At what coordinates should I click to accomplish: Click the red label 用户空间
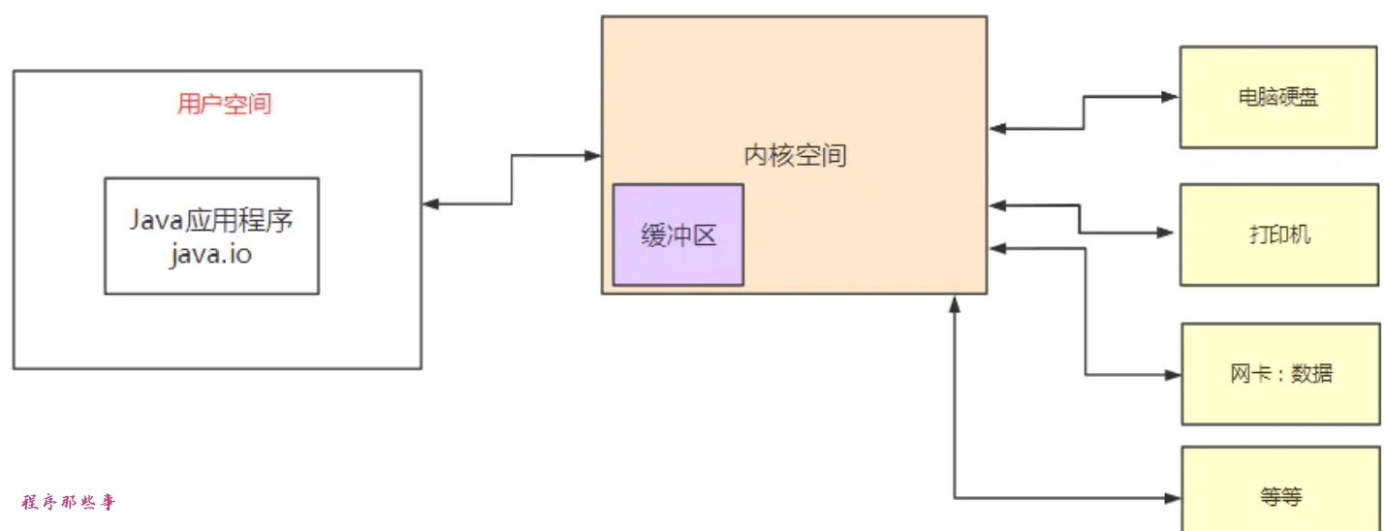(x=224, y=105)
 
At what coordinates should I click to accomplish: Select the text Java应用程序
(x=211, y=221)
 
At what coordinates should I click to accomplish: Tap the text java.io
(x=211, y=255)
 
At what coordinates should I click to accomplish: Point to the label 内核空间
(x=795, y=155)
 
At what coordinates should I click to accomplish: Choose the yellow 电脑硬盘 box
(x=1277, y=97)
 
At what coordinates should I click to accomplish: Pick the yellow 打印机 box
(x=1277, y=234)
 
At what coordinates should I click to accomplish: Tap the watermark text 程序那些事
(x=68, y=502)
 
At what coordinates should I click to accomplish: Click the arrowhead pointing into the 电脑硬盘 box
(x=1170, y=97)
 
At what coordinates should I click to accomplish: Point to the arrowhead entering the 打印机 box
(x=1167, y=234)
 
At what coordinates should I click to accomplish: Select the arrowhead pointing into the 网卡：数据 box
(x=1171, y=375)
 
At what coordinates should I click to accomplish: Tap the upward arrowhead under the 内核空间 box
(x=955, y=304)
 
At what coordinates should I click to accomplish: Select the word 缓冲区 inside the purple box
(x=677, y=235)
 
